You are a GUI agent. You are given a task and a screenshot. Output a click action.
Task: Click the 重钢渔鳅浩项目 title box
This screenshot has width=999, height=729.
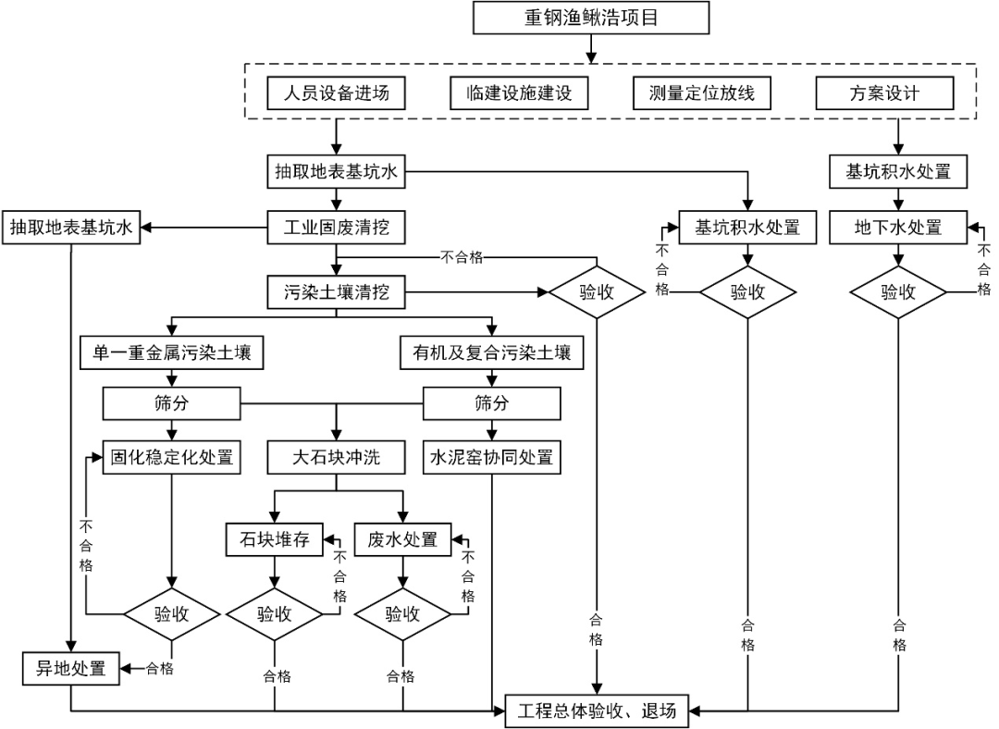coord(591,19)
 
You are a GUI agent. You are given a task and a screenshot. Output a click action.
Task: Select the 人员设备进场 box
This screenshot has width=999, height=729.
coord(336,93)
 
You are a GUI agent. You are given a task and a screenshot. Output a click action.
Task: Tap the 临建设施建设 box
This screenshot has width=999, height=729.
coord(520,93)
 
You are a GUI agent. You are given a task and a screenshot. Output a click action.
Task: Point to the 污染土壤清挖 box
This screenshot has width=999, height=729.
coord(336,292)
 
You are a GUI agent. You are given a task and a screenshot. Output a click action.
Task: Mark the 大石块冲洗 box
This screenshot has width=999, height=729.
coord(336,457)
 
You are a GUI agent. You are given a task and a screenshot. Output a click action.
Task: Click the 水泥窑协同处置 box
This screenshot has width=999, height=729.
coord(491,457)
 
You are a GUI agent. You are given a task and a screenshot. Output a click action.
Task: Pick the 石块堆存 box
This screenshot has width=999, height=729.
coord(275,539)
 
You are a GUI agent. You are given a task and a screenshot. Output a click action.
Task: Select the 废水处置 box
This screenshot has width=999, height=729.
coord(402,539)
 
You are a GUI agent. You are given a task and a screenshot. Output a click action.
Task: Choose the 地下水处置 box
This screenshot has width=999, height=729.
coord(898,227)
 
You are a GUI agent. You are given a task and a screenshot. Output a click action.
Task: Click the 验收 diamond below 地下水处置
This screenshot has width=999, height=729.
coord(898,292)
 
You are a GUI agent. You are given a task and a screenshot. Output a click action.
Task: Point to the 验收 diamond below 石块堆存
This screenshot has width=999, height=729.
coord(275,613)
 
